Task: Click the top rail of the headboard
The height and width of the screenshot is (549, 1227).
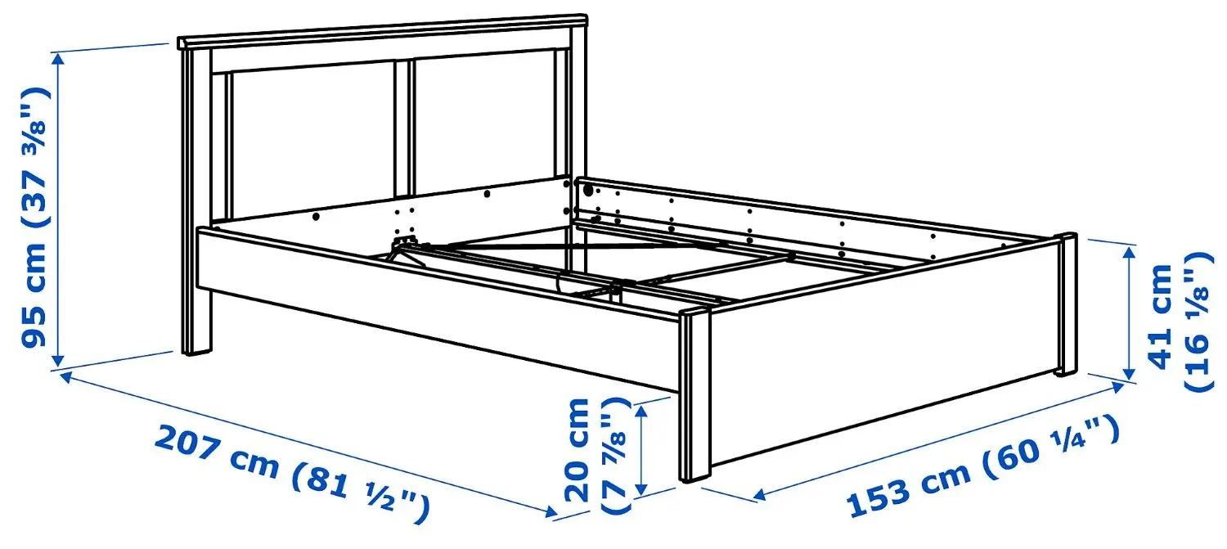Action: [x=383, y=29]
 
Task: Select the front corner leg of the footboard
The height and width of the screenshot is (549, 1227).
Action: [x=694, y=397]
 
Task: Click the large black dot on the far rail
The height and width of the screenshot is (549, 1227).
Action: [x=587, y=190]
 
